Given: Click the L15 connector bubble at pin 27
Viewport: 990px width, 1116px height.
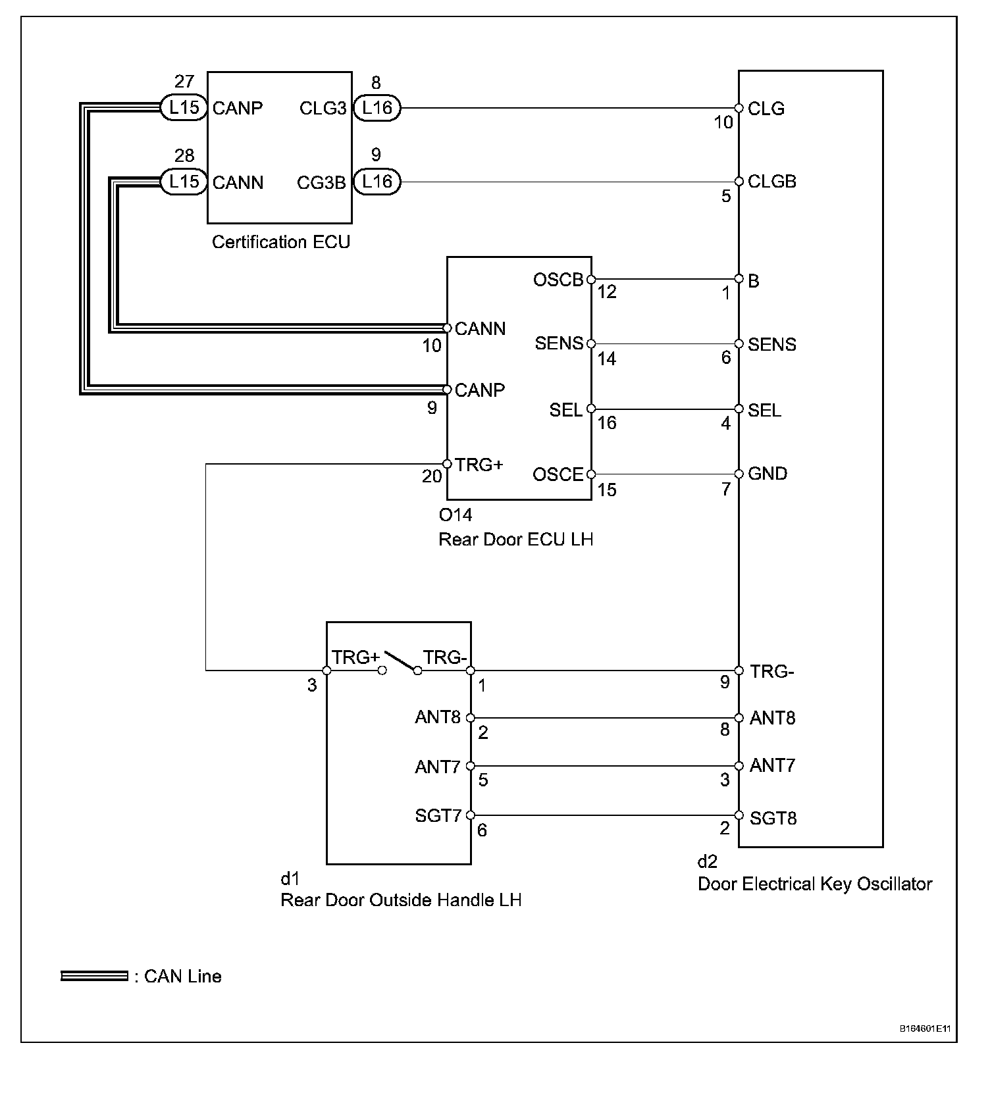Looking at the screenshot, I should pos(184,107).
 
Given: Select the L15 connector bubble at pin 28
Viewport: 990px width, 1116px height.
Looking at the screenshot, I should pos(184,182).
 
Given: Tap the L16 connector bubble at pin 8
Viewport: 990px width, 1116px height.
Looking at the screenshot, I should pos(377,107).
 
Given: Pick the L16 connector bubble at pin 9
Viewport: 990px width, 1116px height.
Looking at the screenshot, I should pos(377,182).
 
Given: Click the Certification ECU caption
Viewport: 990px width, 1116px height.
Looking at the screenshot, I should pos(281,242).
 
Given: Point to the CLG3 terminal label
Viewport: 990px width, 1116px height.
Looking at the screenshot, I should pos(323,109).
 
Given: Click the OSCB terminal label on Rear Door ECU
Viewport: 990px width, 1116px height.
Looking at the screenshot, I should pos(558,280).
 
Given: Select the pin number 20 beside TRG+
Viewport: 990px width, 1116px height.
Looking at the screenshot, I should pos(432,476).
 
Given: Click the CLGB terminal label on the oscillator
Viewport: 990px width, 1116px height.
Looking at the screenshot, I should pos(772,182).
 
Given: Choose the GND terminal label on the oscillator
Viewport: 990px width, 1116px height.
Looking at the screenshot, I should pos(768,474).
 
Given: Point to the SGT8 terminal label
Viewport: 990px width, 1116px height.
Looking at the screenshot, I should pos(773,819).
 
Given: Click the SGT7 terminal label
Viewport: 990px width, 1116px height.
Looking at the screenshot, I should pos(438,816).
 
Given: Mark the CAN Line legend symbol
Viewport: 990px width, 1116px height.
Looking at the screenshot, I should pos(94,976).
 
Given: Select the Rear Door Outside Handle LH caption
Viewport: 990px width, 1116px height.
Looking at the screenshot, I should pos(401,900).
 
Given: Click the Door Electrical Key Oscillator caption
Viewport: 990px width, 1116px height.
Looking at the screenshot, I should pos(815,884).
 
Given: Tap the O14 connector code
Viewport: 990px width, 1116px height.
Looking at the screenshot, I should pos(456,515).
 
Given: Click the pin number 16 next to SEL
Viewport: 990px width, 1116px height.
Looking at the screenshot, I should pos(607,423).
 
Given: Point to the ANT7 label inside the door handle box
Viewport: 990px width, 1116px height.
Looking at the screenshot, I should pos(438,767).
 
